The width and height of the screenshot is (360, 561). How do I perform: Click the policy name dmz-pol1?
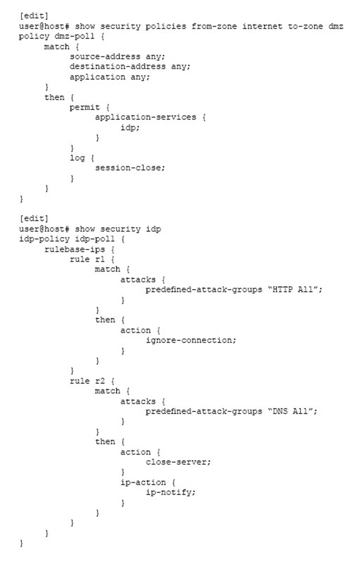coord(74,36)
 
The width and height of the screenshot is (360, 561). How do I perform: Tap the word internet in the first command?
coord(262,26)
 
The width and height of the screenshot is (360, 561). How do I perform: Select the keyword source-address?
coord(105,57)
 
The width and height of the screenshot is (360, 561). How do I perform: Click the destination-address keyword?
coord(117,67)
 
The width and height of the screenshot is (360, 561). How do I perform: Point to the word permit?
coord(85,107)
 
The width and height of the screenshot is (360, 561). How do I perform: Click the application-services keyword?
coord(145,117)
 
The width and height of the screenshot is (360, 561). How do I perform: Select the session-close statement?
coord(130,168)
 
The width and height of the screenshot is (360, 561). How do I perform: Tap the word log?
coord(77,158)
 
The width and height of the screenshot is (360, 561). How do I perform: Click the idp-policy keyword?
coord(44,239)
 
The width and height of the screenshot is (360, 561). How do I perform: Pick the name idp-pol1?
coord(95,239)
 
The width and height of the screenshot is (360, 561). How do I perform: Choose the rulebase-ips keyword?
coord(74,249)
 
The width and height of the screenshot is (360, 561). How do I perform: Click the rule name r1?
coord(100,259)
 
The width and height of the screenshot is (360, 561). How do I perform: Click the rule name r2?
coord(100,381)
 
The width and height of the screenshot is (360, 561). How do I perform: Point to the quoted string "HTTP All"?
coord(295,289)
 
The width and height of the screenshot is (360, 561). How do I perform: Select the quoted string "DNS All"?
coord(292,411)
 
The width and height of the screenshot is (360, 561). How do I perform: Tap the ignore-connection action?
coord(191,340)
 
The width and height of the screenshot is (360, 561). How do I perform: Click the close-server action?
coord(178,462)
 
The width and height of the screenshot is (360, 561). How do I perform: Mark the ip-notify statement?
coord(170,492)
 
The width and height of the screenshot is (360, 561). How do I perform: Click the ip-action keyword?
coord(143,482)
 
